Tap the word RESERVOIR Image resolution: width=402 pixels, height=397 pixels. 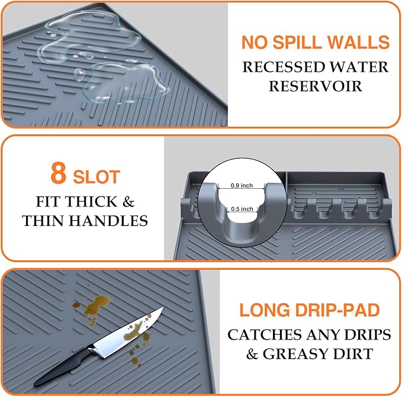tap(315, 86)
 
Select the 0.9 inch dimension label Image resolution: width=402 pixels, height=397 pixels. tap(242, 186)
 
